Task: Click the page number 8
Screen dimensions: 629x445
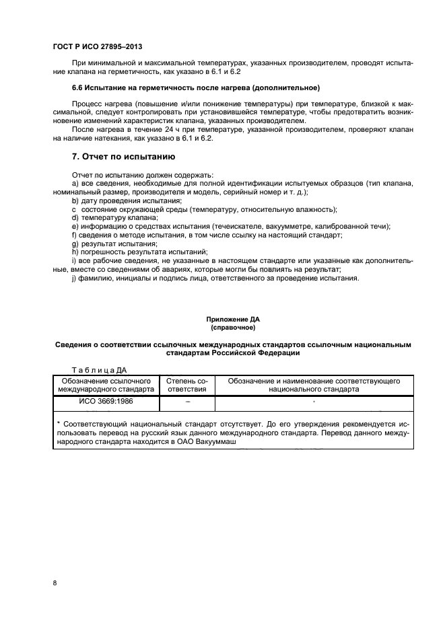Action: coord(55,583)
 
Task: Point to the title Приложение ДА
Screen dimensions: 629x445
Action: coord(232,320)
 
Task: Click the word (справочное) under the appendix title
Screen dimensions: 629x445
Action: coord(232,328)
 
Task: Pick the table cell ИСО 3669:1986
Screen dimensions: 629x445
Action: coord(105,402)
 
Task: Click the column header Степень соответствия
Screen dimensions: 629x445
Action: coord(186,385)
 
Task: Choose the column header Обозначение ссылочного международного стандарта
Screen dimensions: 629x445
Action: coord(105,385)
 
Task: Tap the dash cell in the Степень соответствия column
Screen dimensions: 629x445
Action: coord(186,402)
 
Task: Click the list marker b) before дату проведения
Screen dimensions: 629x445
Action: coord(75,200)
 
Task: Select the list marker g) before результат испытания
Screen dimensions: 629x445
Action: coord(75,244)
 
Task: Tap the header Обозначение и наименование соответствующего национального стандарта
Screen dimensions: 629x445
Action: coord(314,385)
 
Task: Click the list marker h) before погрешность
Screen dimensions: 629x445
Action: coord(75,252)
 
